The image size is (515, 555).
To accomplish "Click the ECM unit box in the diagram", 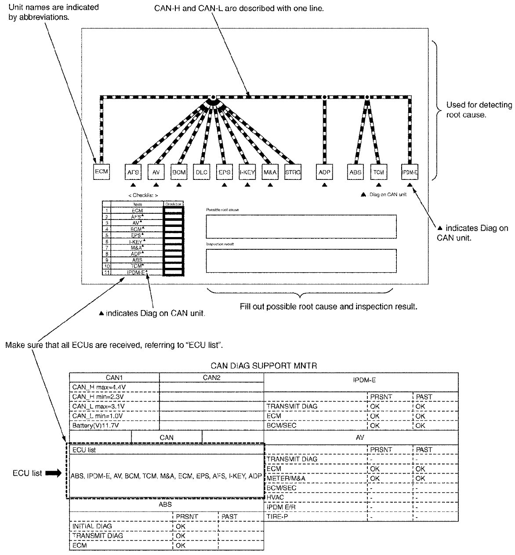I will (102, 171).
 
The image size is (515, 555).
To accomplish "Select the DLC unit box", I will (201, 172).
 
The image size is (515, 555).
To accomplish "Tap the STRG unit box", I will (293, 172).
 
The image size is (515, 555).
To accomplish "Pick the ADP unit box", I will (324, 172).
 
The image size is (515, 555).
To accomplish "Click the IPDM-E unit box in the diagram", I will (410, 172).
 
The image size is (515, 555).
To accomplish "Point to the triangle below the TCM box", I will (378, 185).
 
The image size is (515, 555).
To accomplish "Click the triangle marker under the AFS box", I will (133, 185).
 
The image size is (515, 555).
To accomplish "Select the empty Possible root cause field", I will (301, 226).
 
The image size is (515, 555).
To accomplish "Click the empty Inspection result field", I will (301, 261).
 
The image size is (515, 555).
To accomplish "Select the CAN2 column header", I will (211, 377).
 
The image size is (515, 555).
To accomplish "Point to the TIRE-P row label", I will (277, 516).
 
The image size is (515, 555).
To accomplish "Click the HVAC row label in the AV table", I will (276, 497).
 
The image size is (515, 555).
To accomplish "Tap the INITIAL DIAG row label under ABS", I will (92, 526).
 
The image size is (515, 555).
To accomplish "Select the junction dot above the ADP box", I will (325, 96).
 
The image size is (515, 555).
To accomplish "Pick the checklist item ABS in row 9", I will (137, 260).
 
